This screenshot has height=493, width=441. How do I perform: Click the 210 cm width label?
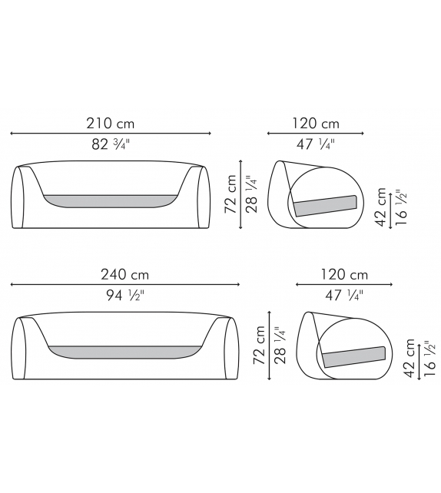111,123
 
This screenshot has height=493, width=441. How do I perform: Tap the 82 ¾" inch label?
111,144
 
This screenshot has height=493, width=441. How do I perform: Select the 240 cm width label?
124,274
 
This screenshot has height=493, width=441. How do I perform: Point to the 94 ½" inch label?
125,295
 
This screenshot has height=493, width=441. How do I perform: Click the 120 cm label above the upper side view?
316,123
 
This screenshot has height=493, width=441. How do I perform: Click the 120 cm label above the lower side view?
344,274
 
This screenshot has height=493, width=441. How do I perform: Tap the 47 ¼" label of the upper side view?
316,144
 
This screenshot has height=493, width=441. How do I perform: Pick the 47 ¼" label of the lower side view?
343,295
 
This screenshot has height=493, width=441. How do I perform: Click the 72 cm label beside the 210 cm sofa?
230,194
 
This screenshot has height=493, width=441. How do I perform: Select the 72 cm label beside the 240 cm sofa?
260,345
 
